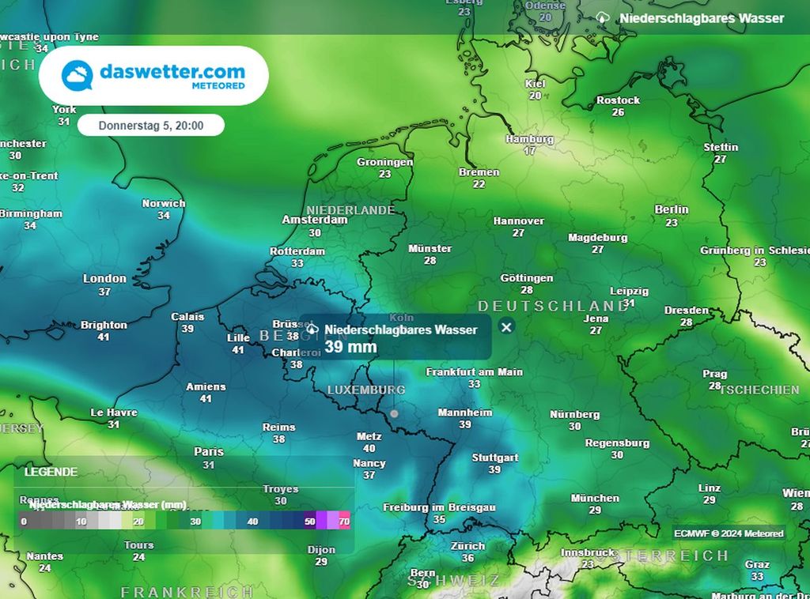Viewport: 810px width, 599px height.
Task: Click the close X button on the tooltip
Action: click(507, 326)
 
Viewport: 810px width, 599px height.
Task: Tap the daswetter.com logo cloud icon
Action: click(78, 76)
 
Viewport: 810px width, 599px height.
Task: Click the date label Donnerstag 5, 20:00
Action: click(151, 125)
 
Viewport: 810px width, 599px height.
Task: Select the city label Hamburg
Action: click(529, 139)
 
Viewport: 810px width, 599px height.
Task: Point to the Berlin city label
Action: click(672, 209)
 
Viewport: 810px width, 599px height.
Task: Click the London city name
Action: click(104, 278)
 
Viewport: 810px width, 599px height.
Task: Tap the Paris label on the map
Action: click(209, 452)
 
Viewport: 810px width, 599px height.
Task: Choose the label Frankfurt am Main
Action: click(475, 371)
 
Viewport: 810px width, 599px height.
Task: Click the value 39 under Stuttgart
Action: click(494, 469)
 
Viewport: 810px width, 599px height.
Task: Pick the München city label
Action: click(595, 498)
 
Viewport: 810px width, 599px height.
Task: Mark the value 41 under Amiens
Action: click(206, 399)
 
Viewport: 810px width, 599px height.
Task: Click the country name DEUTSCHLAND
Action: click(553, 306)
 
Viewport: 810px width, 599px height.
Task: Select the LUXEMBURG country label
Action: click(366, 390)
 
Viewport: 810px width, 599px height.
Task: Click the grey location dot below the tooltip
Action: click(394, 413)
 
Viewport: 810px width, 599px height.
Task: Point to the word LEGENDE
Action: click(51, 472)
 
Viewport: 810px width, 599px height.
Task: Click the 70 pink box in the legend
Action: click(344, 522)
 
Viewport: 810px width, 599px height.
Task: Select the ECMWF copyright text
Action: click(729, 533)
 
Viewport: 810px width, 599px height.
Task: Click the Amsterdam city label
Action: click(315, 220)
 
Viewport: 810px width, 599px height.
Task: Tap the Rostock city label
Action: click(618, 100)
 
